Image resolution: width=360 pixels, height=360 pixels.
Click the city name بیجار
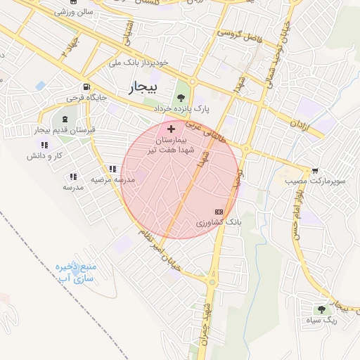[146, 88]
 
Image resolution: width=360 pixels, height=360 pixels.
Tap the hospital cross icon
[171, 129]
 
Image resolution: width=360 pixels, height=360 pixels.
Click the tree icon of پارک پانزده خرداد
[181, 98]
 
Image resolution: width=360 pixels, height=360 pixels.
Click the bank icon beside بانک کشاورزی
[219, 211]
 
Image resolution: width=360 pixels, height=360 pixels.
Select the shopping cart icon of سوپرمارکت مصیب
[314, 170]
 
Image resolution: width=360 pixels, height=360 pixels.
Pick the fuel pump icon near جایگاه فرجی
[86, 86]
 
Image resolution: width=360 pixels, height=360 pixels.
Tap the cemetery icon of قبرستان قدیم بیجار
[65, 119]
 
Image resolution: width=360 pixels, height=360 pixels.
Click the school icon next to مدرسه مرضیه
[112, 169]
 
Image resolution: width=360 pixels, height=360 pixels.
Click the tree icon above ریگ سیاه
[321, 309]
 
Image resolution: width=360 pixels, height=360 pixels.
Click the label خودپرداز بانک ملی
[139, 63]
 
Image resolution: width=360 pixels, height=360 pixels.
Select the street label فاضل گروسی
[239, 33]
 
